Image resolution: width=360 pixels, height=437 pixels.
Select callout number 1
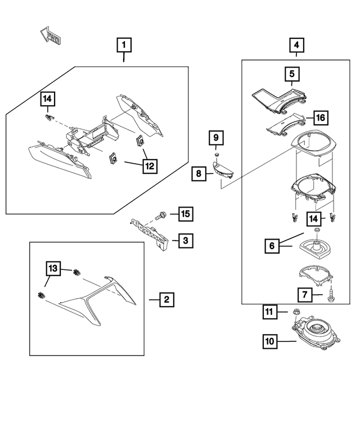[x=124, y=44]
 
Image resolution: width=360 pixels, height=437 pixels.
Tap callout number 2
[x=166, y=300]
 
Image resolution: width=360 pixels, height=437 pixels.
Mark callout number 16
[x=320, y=118]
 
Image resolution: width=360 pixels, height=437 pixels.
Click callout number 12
[x=150, y=166]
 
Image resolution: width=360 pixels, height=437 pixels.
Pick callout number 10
[x=271, y=340]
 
